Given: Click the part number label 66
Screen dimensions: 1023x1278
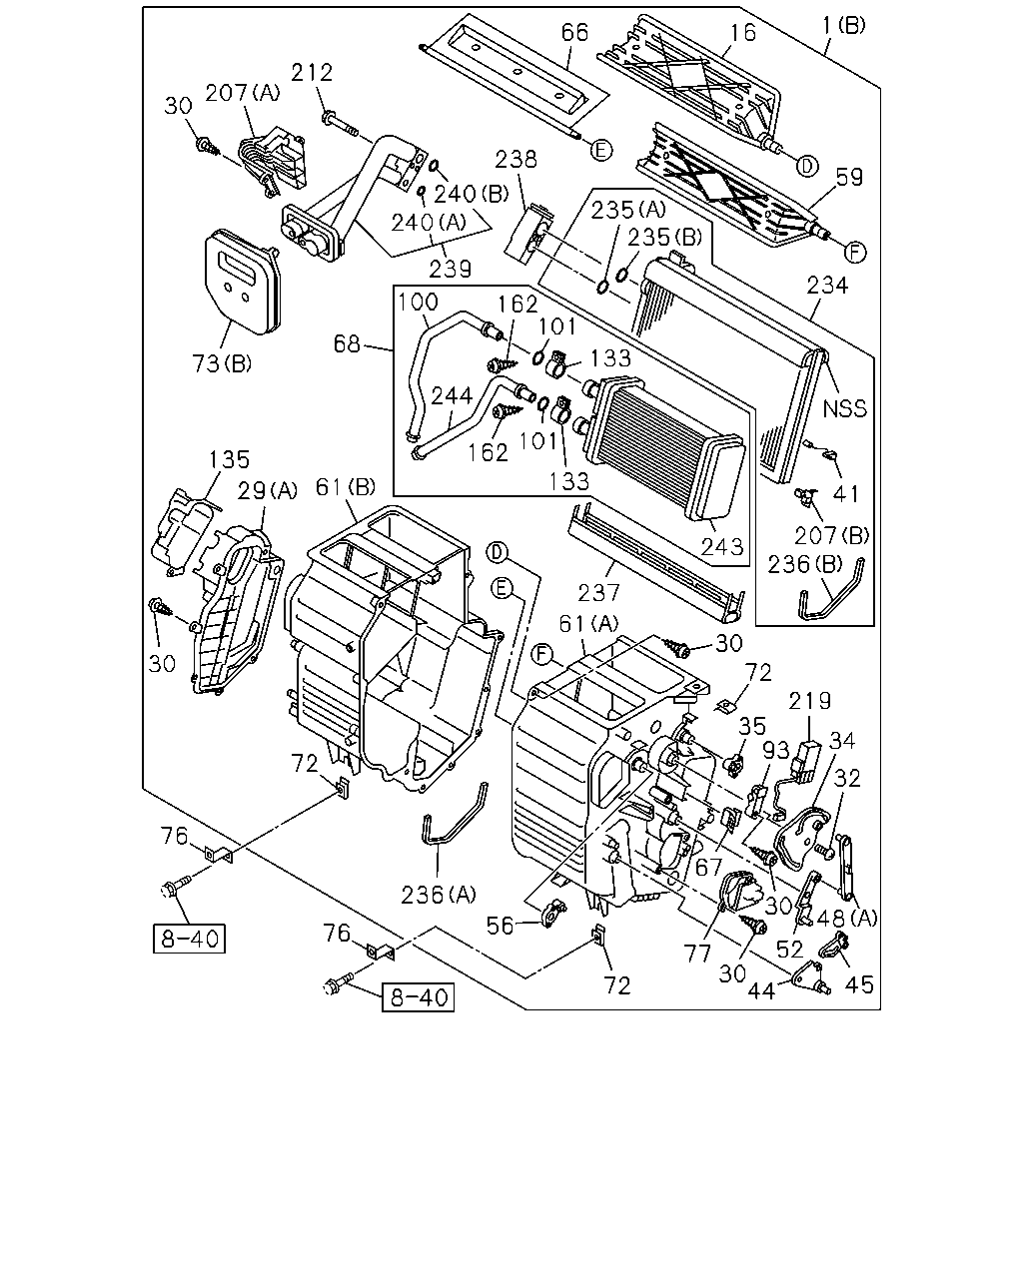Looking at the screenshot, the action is (574, 33).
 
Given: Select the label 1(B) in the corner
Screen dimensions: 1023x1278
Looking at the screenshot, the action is (844, 26).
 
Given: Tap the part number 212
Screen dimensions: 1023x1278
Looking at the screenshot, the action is (312, 73).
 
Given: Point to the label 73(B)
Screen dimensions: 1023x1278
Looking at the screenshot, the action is (222, 363).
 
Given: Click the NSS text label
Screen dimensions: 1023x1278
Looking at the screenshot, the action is (844, 408).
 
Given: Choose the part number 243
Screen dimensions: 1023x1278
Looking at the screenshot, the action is (722, 546).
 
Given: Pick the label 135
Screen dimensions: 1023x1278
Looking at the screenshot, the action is (229, 459).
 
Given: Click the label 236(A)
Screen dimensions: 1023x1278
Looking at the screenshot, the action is (439, 895).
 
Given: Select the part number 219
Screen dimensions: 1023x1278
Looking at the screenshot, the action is (809, 701).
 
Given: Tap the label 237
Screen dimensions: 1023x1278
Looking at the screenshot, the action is (598, 592).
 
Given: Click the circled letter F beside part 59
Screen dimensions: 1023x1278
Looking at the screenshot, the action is (855, 253).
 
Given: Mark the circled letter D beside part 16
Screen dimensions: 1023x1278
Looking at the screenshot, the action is (806, 166).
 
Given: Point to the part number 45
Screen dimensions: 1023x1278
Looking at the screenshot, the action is (859, 984).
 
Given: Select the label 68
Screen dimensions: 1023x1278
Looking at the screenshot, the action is (347, 343).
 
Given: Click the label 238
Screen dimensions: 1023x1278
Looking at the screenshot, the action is (515, 159).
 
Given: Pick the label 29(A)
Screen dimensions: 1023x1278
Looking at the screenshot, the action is (267, 490).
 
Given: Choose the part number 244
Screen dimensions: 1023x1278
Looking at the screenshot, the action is (452, 395).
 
